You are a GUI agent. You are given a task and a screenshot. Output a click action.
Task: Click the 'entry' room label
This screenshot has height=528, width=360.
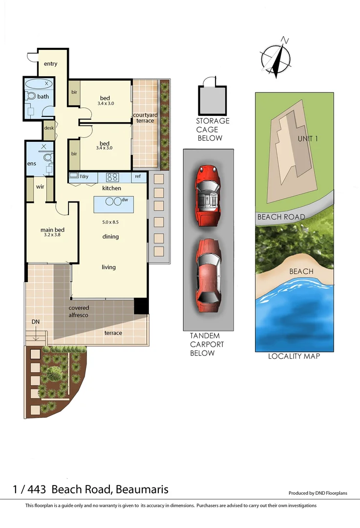tap(50, 64)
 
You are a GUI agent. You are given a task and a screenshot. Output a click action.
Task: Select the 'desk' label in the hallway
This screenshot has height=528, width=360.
tap(48, 128)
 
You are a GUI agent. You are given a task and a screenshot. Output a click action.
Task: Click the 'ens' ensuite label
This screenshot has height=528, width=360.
tap(31, 163)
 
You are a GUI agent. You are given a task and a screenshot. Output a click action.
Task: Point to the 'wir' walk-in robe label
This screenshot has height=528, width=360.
tap(40, 186)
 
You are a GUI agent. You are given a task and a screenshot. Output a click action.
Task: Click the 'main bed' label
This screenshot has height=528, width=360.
tap(52, 230)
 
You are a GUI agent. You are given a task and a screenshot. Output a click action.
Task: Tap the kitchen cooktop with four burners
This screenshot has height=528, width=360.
tap(112, 177)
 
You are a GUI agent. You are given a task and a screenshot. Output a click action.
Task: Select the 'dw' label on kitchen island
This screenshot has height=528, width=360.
tap(125, 199)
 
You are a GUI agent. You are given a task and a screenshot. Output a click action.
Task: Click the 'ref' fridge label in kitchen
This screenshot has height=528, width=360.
tap(138, 176)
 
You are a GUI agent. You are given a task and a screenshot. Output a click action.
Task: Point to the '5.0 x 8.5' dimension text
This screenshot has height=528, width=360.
tap(110, 222)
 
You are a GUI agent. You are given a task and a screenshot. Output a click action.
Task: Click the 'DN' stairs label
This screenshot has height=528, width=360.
tap(35, 322)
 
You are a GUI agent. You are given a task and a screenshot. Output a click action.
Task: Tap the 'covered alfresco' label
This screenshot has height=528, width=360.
tap(79, 311)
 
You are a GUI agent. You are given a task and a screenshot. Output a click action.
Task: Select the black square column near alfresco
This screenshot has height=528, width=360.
tap(141, 306)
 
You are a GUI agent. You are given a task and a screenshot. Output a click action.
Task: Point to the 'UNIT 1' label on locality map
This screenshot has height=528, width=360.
tap(308, 138)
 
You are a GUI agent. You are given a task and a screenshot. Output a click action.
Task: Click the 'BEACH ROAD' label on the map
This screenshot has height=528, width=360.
tap(281, 217)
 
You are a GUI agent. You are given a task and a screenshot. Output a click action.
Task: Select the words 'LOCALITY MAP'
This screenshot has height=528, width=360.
tap(294, 356)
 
